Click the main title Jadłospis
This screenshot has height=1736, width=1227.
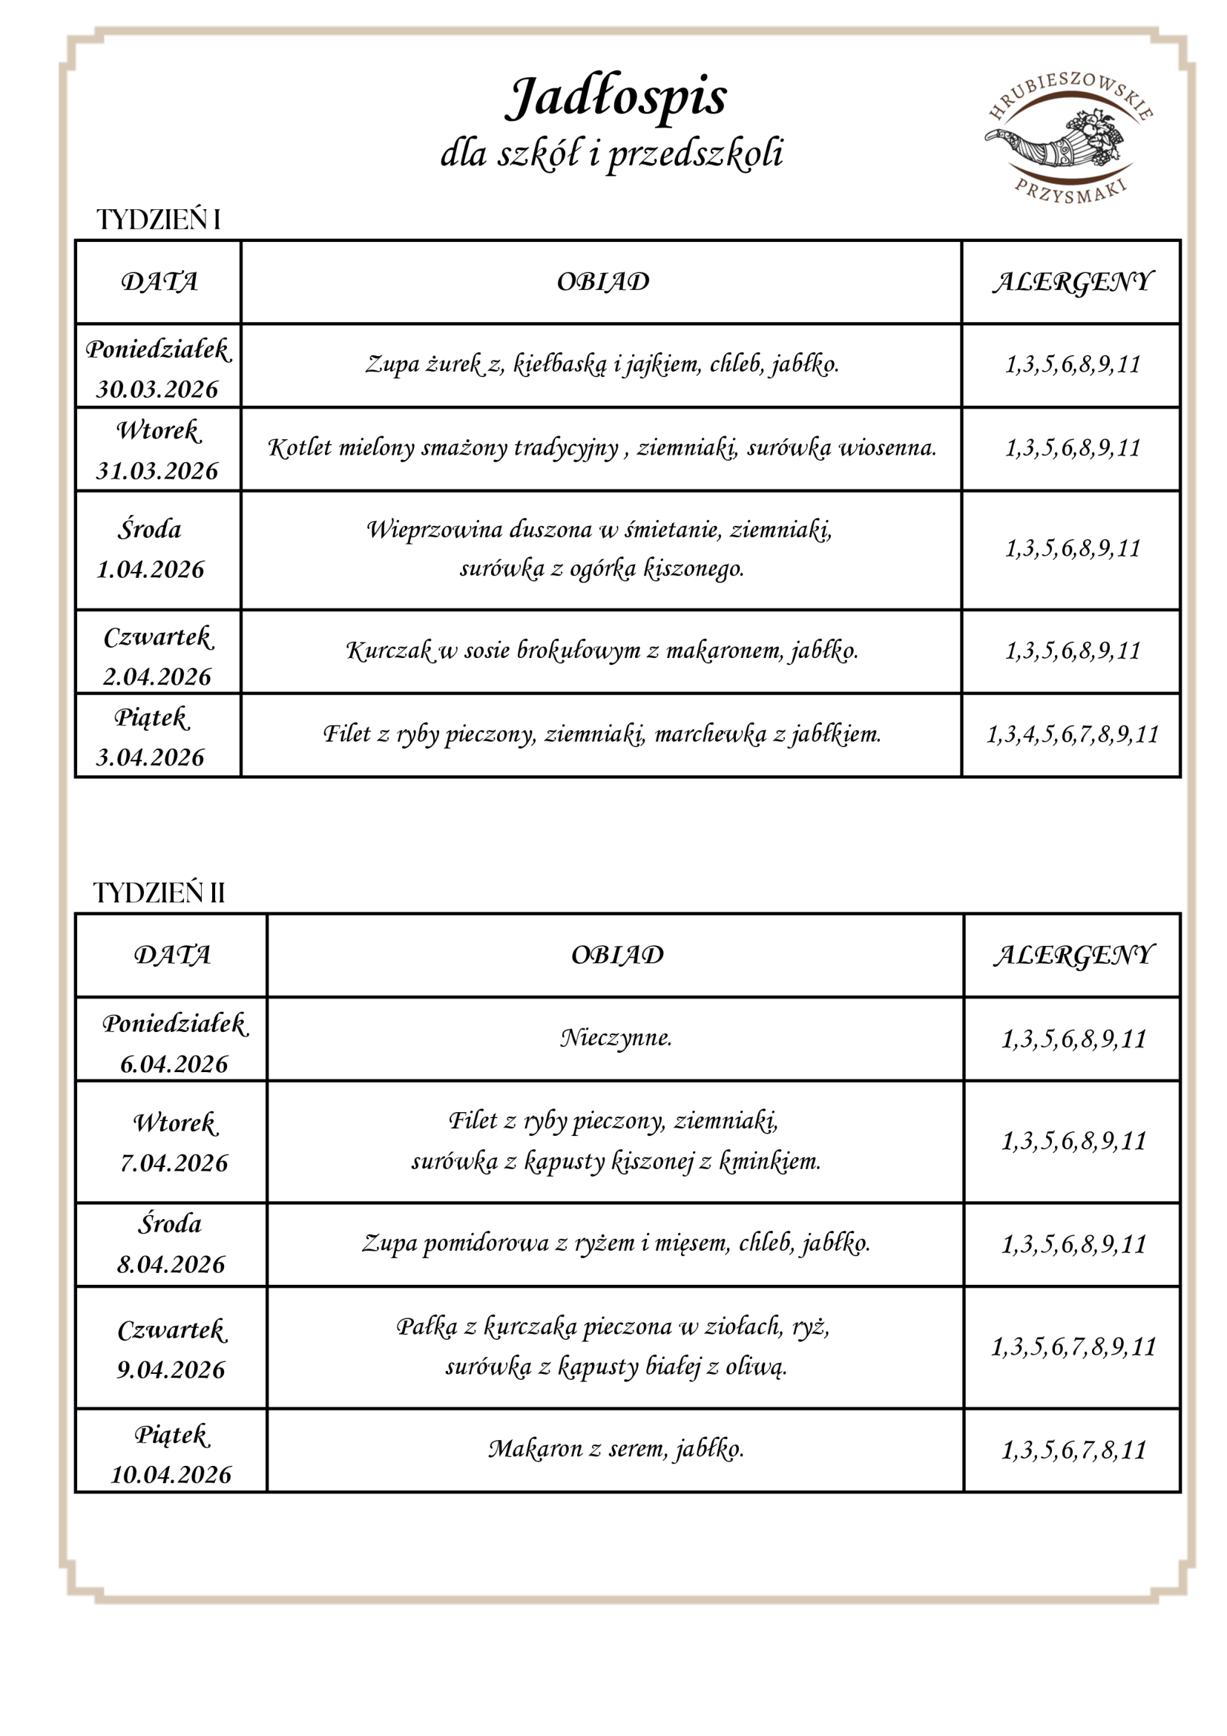tap(616, 98)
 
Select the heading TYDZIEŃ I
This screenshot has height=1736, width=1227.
tap(159, 220)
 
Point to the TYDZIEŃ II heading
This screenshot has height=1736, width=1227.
tap(159, 893)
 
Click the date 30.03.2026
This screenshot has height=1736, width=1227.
tap(157, 389)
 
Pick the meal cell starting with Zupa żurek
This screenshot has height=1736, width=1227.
tap(602, 365)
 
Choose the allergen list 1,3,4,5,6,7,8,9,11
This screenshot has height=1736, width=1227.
tap(1072, 734)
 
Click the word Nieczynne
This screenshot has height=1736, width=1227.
tap(616, 1038)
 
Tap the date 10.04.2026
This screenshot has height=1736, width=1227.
tap(171, 1474)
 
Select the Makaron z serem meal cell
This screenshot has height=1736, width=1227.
tap(616, 1449)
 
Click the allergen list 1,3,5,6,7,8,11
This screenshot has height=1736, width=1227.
tap(1073, 1450)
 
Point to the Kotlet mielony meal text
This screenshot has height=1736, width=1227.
tap(602, 448)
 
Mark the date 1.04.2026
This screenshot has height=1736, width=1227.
tap(151, 569)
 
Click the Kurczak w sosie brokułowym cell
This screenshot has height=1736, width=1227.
tap(602, 650)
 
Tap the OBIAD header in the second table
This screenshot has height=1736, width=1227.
tap(617, 955)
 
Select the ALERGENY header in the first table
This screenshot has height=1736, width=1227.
tap(1072, 282)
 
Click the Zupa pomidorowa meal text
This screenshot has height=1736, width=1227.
tap(616, 1243)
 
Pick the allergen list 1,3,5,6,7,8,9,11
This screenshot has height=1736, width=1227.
tap(1073, 1347)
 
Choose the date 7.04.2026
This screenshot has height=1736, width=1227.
tap(174, 1162)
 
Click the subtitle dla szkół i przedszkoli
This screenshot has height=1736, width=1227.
tap(611, 154)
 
